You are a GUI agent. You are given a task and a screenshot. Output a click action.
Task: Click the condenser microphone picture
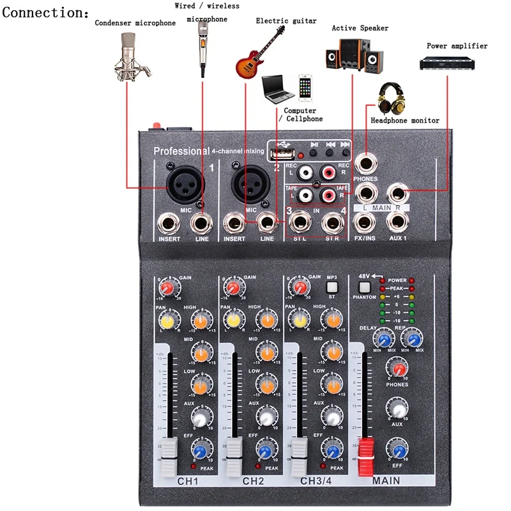pyautogui.click(x=133, y=54)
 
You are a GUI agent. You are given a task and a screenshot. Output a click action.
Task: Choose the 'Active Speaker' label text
pyautogui.click(x=360, y=28)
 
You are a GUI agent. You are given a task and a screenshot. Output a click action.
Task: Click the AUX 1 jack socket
pyautogui.click(x=399, y=222)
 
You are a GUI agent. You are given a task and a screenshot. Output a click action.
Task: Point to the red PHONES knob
pyautogui.click(x=398, y=369)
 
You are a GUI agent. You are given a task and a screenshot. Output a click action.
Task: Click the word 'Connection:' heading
pyautogui.click(x=46, y=13)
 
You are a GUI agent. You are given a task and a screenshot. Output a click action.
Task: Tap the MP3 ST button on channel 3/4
pyautogui.click(x=331, y=287)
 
